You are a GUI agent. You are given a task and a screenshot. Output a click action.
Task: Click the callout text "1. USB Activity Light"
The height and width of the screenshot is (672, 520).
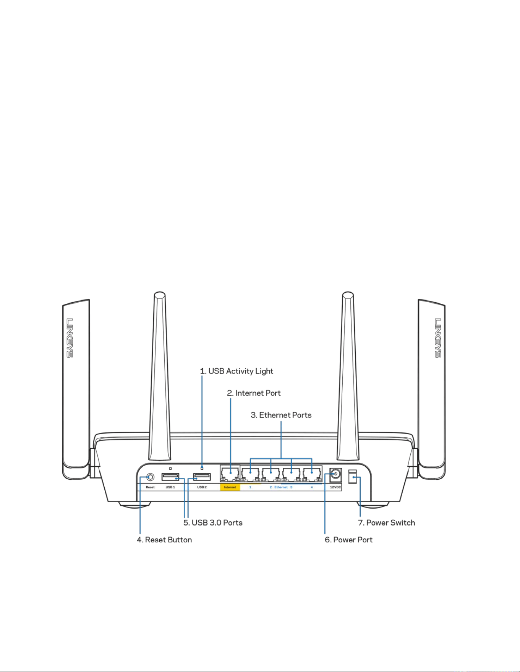pos(237,371)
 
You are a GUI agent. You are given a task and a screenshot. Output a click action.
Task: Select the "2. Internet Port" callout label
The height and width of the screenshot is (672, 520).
pos(254,393)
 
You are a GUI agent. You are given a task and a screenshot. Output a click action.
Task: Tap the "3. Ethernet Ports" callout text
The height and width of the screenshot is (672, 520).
pos(281,415)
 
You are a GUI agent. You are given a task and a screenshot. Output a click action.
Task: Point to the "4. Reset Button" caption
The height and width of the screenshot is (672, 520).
pos(164,540)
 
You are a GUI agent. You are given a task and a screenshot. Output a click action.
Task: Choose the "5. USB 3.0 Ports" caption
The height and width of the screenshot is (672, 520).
pos(213,523)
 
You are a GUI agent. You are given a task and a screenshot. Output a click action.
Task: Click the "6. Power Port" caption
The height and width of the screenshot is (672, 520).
pos(348,540)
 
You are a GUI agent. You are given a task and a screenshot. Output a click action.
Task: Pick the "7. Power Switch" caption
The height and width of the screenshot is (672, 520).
pos(386,523)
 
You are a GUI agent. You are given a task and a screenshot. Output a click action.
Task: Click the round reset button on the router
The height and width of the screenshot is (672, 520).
pos(150,477)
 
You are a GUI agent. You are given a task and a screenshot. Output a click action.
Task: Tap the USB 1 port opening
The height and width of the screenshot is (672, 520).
pos(170,477)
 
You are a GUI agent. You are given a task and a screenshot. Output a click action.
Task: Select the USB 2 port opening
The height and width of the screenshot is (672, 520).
pos(202,477)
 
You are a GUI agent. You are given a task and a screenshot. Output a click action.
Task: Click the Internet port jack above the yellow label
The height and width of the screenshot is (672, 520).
pos(230,474)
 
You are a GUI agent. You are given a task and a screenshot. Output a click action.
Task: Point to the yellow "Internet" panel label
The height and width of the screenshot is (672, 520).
pos(230,487)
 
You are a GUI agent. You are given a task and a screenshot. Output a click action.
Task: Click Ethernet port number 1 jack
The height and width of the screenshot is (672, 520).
pos(250,474)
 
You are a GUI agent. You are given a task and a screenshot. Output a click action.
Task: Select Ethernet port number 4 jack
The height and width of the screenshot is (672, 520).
pos(312,474)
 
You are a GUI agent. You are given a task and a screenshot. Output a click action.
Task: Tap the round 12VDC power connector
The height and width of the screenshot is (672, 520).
pos(335,474)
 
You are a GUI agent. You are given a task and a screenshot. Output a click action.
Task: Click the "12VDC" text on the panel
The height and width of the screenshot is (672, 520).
pos(335,487)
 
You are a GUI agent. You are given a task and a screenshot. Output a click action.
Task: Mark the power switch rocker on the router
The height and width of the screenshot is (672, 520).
pos(353,477)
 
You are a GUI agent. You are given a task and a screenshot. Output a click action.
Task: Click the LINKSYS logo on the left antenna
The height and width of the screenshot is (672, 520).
pos(70,338)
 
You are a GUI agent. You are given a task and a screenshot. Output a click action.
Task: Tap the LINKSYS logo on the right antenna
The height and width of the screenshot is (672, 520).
pos(438,338)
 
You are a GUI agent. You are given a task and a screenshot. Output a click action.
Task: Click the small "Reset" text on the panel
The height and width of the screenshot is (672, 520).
pos(150,487)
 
